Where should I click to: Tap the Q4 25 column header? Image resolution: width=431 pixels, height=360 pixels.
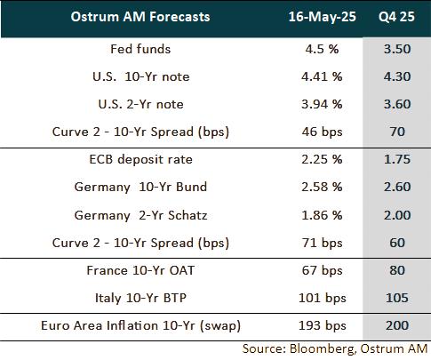coord(396,19)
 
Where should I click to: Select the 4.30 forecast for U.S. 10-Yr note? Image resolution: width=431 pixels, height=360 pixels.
coord(396,76)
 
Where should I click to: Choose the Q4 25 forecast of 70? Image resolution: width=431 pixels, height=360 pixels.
coord(396,132)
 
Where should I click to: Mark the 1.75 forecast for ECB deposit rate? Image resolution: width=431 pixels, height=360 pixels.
coord(396,160)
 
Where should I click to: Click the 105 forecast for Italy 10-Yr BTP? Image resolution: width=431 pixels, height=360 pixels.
coord(396,299)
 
